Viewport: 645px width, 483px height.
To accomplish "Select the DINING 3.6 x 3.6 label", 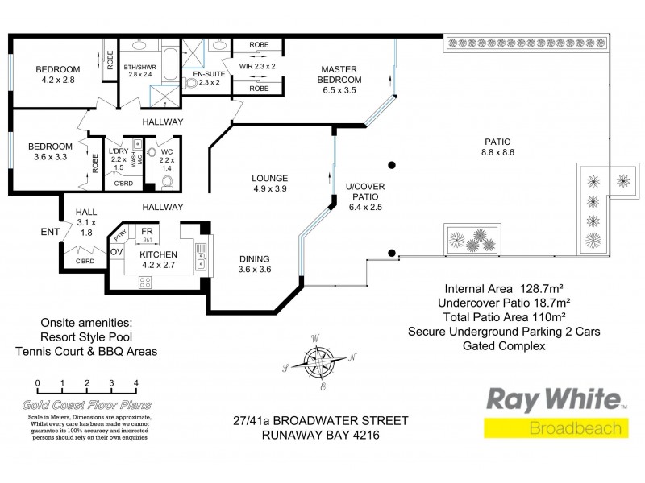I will tap(259, 264).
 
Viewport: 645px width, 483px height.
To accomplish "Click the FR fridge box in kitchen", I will tap(148, 234).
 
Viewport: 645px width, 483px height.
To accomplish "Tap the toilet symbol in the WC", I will tap(168, 181).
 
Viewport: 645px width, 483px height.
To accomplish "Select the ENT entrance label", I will tap(50, 233).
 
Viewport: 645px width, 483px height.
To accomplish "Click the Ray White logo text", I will tap(553, 399).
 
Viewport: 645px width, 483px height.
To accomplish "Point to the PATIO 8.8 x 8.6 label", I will tap(497, 147).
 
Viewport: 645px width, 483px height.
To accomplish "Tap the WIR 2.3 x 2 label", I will tap(258, 66).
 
